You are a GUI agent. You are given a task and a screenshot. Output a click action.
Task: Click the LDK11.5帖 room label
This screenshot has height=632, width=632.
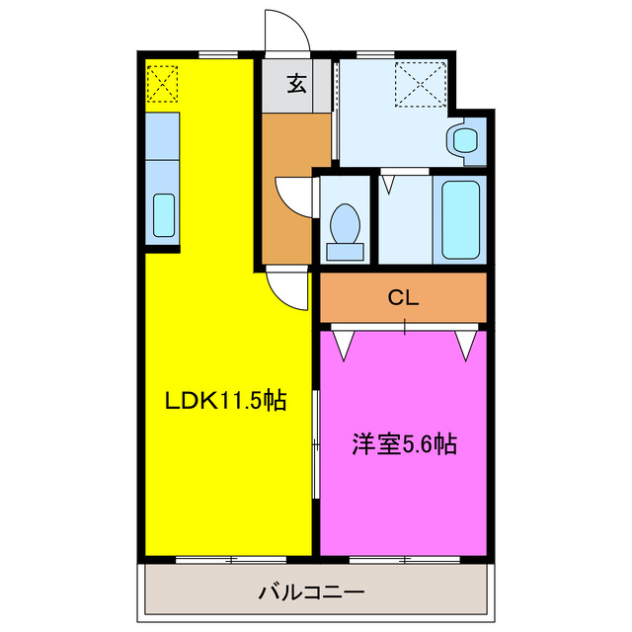[x=225, y=401]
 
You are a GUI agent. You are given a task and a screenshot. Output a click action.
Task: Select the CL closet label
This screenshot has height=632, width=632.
[x=403, y=297]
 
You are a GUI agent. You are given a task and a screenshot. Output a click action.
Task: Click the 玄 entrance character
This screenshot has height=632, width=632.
[x=296, y=84]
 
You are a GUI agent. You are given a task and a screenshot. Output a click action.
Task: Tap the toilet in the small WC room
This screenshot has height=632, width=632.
[x=345, y=229]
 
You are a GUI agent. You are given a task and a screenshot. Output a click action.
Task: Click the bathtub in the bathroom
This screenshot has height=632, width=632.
[x=459, y=218]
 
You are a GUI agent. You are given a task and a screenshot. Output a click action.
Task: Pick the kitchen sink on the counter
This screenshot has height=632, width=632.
[x=164, y=214]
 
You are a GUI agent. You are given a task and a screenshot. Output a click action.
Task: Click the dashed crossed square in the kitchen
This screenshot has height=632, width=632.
[x=163, y=82]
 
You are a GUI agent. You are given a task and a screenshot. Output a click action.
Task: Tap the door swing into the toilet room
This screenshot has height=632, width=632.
[x=293, y=193]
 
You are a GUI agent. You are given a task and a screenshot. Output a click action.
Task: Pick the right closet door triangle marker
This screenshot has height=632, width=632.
[x=466, y=342]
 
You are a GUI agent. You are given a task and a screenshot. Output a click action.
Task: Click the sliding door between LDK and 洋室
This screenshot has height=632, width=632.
[x=316, y=444]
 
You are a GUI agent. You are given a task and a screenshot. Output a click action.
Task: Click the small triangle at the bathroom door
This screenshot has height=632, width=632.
[x=391, y=183]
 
